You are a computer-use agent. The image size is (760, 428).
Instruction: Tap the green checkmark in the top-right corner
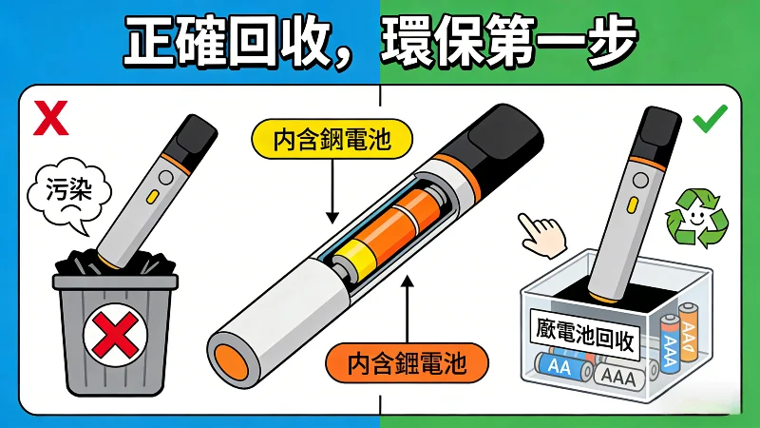coord(710,121)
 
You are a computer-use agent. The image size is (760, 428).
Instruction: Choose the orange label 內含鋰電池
coord(407,361)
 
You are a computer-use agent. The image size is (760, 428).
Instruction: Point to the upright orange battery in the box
coord(692,338)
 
